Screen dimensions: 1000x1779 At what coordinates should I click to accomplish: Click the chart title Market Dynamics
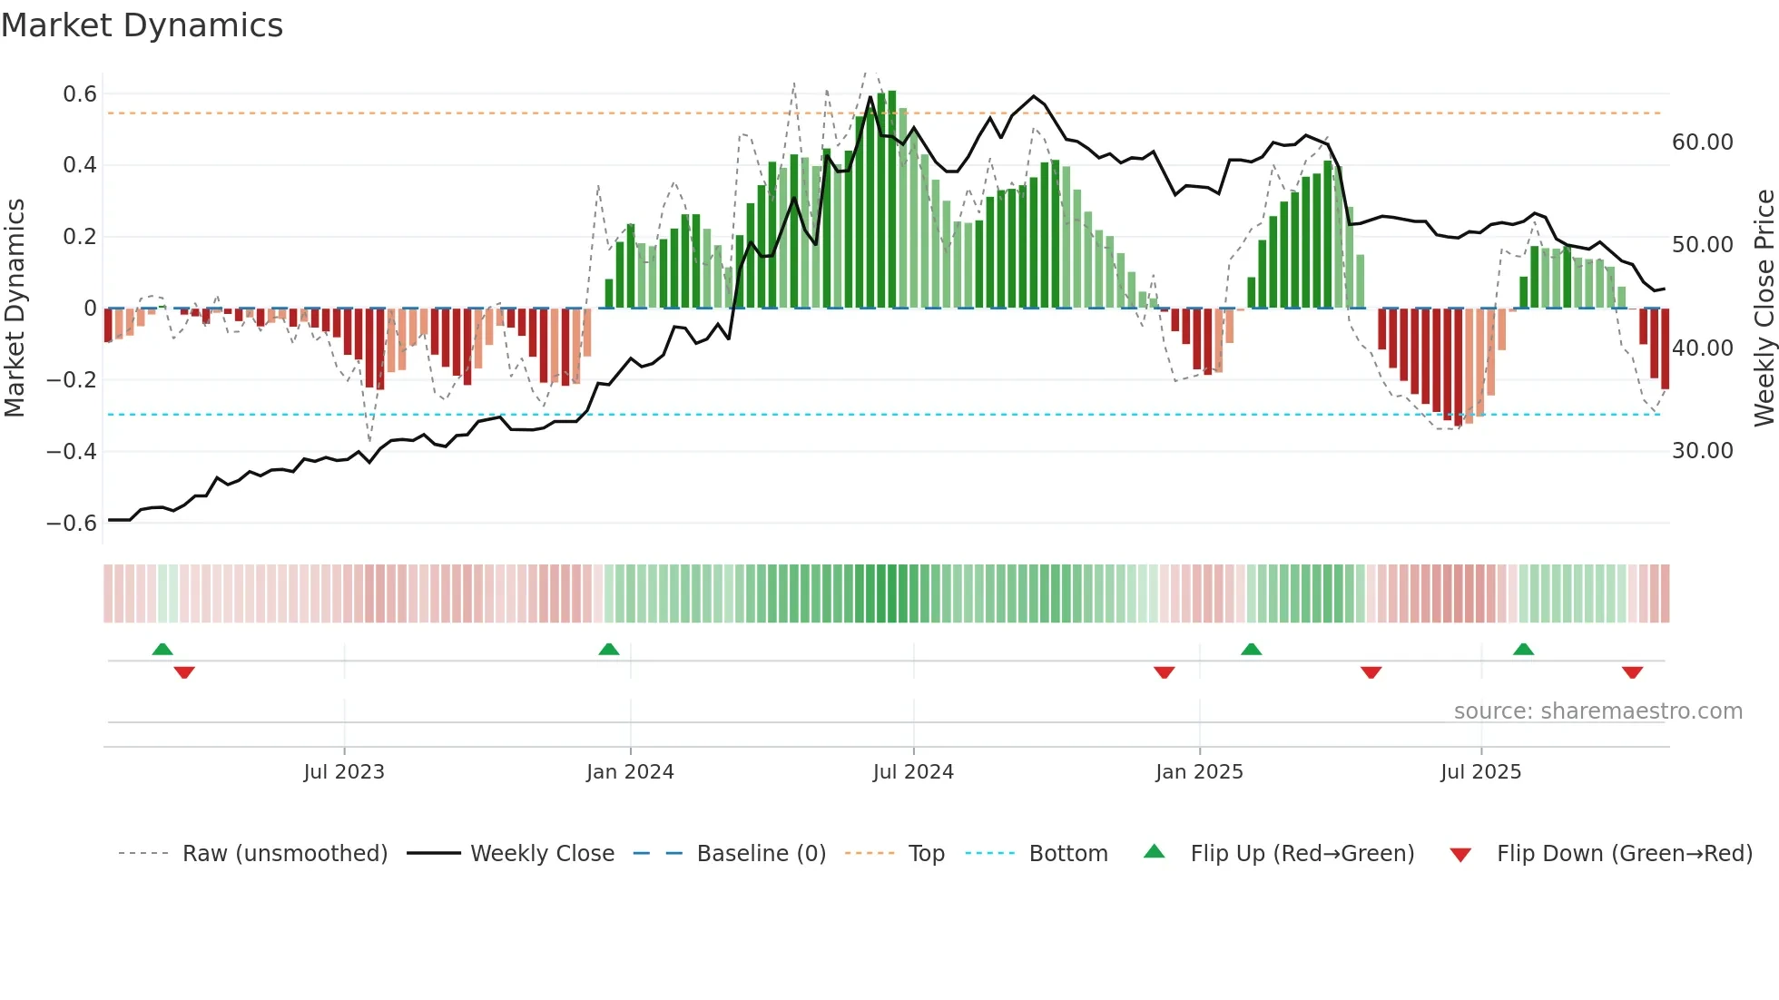coord(142,25)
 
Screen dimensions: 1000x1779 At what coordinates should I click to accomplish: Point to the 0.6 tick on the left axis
coord(80,94)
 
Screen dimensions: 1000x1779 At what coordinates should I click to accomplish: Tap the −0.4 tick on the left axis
coord(72,451)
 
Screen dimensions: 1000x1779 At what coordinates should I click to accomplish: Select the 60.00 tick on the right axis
coord(1702,142)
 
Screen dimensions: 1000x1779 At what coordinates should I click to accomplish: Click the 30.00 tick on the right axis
coord(1702,451)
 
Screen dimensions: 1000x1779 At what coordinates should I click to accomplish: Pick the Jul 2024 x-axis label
coord(913,772)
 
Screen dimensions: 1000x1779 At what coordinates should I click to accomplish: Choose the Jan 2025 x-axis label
coord(1199,772)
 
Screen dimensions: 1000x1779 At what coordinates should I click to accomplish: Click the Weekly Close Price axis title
coord(1764,308)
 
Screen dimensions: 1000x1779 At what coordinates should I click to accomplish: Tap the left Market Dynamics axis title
coord(15,308)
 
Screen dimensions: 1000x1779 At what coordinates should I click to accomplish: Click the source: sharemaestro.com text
coord(1597,711)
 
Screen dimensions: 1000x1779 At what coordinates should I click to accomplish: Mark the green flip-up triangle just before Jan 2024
coord(609,650)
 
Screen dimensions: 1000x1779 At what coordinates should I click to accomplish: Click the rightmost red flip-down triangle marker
coord(1632,672)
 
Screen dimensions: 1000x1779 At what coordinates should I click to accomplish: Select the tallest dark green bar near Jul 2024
coord(892,200)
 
